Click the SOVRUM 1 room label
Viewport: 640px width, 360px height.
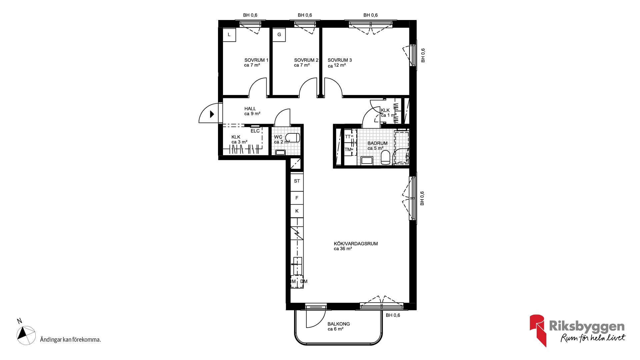(256, 60)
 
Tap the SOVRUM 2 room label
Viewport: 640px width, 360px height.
(306, 60)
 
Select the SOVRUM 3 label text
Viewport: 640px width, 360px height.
(340, 60)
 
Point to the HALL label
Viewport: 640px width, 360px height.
(250, 109)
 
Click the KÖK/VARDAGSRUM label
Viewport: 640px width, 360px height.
(356, 244)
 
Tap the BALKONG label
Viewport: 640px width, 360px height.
(339, 324)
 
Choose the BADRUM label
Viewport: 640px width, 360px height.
(377, 143)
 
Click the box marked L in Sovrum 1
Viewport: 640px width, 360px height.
(229, 35)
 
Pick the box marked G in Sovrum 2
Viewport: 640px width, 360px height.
(279, 35)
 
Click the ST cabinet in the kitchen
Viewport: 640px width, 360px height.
(297, 181)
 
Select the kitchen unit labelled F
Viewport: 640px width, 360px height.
(297, 198)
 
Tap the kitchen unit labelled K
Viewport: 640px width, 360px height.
(297, 211)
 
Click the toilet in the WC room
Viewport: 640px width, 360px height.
(293, 138)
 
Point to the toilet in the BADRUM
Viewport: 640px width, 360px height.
(385, 157)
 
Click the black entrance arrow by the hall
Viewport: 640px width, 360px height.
(212, 114)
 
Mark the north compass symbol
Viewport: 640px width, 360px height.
(26, 335)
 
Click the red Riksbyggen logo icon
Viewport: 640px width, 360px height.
(538, 330)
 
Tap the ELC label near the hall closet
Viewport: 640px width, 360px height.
(255, 131)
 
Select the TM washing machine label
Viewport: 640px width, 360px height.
(348, 150)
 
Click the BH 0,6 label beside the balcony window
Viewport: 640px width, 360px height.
(393, 315)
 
